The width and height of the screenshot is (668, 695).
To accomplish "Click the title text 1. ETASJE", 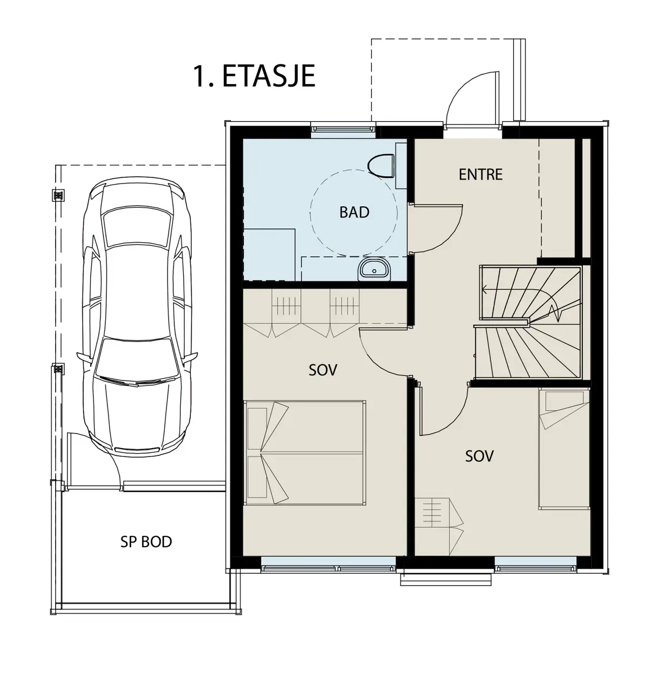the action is coord(254,76).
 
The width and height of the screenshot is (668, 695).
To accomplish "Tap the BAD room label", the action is coord(354,212).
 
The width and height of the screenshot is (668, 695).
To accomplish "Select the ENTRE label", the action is coord(480,174).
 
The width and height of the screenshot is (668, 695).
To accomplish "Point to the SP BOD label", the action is coord(146,542).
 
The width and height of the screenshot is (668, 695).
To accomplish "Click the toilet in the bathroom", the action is coord(381,165).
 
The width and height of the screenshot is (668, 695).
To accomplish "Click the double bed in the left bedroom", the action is coord(304,453).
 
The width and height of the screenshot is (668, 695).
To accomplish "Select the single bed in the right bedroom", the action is coord(564,449).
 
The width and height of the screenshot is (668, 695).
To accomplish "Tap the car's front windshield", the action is coord(137,360).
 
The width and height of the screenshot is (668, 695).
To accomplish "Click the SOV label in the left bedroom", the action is coord(323,370).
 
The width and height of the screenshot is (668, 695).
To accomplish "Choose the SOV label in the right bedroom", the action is coord(479,456).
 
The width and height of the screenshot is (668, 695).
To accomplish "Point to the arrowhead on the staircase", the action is coord(485,289).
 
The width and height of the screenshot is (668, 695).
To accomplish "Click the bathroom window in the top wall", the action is coord(343,130).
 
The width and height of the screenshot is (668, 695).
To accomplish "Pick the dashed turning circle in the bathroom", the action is coord(353,212).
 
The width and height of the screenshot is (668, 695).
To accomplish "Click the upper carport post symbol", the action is coord(58,195).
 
